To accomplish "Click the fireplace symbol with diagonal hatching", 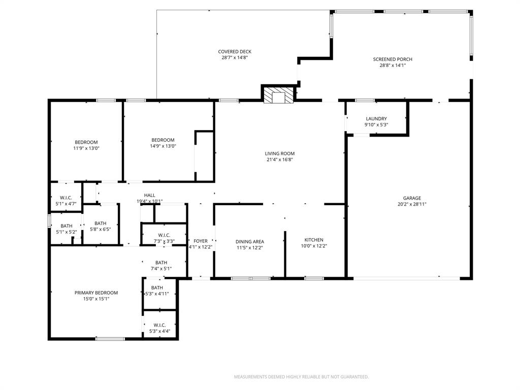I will click(279, 95).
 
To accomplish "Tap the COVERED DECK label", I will click(235, 52).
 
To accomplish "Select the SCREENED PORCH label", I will click(389, 59).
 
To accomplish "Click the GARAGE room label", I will click(412, 198).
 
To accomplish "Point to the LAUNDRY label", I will click(376, 119).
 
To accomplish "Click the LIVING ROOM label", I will click(279, 153).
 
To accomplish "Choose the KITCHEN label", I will click(313, 240).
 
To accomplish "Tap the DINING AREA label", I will click(250, 242).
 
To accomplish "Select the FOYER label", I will click(201, 241).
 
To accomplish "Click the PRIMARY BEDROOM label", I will click(96, 292).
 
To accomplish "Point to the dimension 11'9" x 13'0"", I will click(86, 148).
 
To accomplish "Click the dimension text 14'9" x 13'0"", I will click(162, 146).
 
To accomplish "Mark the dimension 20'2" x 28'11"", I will click(412, 204).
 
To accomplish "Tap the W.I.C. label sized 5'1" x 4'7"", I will click(66, 198).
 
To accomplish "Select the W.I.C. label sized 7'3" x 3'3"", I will click(164, 235).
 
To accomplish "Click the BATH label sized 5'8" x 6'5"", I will click(100, 223).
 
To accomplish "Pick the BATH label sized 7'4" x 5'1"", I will click(161, 263).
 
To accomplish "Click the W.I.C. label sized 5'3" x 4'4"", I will click(159, 325).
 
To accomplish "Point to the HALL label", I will click(149, 195).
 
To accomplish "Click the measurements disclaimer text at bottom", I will click(301, 377).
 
